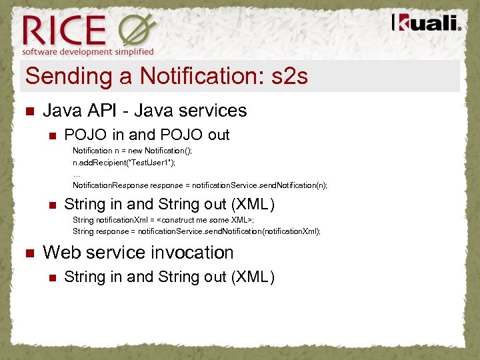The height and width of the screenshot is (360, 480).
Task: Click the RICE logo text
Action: point(65,30)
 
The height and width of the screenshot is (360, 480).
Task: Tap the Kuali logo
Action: point(426,23)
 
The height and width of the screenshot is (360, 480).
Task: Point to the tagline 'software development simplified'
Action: point(88,51)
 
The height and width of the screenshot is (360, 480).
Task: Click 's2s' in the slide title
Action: point(290,77)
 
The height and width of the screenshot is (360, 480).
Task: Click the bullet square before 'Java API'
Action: point(28,111)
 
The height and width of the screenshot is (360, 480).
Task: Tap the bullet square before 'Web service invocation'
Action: point(28,253)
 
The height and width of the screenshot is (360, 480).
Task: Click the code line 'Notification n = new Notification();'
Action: point(132,151)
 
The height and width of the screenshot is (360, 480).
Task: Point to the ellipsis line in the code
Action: point(77,173)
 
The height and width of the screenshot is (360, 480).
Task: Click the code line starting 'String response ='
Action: point(197,231)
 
